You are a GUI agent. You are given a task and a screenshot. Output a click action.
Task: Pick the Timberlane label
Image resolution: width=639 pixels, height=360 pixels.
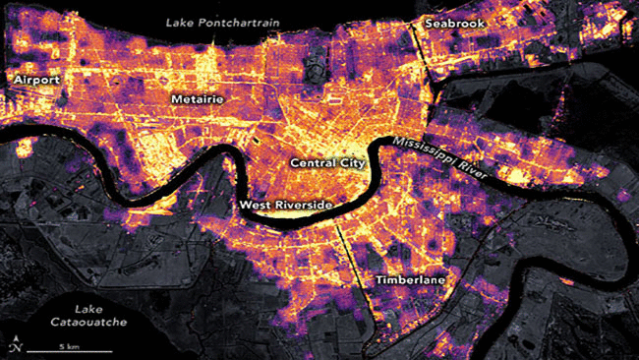[x=410, y=280]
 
